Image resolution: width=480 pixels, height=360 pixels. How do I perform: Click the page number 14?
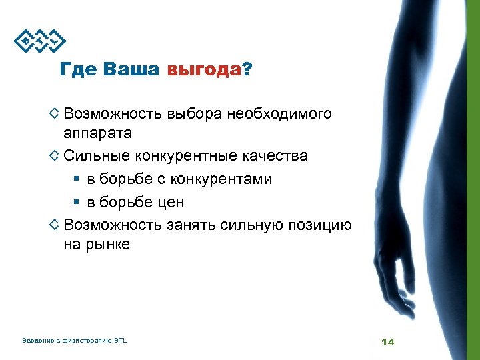click(388, 341)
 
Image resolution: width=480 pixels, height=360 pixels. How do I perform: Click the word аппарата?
click(97, 133)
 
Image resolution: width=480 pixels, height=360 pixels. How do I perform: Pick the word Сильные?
click(97, 156)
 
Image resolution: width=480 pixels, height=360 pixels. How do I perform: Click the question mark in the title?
click(248, 69)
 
